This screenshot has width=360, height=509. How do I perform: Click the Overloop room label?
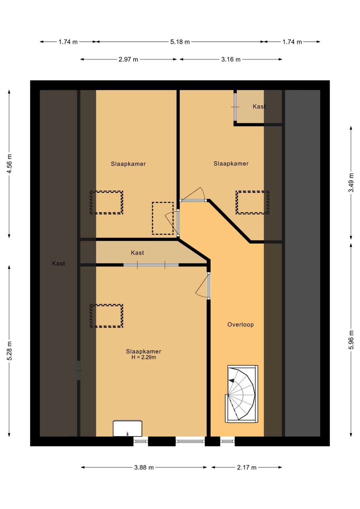pyautogui.click(x=240, y=325)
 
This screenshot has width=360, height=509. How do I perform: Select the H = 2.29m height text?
pyautogui.click(x=144, y=358)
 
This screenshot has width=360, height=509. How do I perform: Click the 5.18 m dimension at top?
pyautogui.click(x=180, y=42)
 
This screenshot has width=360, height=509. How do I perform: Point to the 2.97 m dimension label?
pyautogui.click(x=128, y=59)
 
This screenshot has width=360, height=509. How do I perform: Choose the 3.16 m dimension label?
pyautogui.click(x=231, y=59)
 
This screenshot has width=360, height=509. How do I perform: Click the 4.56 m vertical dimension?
pyautogui.click(x=9, y=163)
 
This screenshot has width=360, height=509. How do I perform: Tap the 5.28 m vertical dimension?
pyautogui.click(x=9, y=351)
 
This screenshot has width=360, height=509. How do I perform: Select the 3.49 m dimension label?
pyautogui.click(x=351, y=182)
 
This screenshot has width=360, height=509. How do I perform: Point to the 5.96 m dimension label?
pyautogui.click(x=351, y=340)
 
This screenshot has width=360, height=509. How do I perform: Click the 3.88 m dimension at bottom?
pyautogui.click(x=144, y=467)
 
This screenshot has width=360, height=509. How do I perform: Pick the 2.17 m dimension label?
pyautogui.click(x=247, y=467)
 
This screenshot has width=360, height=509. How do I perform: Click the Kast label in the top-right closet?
pyautogui.click(x=259, y=106)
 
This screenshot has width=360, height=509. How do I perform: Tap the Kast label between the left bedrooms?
pyautogui.click(x=137, y=253)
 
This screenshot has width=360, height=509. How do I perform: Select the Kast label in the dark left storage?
pyautogui.click(x=58, y=264)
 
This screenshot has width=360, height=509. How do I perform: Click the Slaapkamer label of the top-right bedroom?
pyautogui.click(x=231, y=163)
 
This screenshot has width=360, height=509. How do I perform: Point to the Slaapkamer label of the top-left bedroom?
pyautogui.click(x=128, y=164)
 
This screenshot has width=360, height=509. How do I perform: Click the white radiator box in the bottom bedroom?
pyautogui.click(x=128, y=428)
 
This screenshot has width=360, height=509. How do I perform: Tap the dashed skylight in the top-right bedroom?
pyautogui.click(x=252, y=202)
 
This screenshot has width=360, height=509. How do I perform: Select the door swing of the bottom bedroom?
pyautogui.click(x=202, y=286)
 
